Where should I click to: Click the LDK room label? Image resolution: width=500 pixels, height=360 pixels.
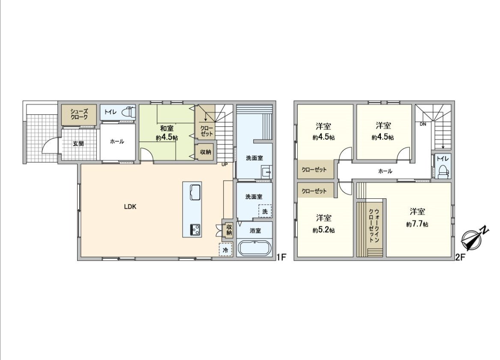(x=130, y=207)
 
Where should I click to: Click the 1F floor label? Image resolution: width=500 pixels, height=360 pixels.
(x=281, y=257)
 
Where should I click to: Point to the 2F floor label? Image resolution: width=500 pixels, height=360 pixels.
(x=460, y=257)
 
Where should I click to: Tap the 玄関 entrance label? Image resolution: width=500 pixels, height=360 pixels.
(x=78, y=144)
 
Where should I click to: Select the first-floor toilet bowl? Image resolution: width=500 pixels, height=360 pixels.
(x=127, y=112)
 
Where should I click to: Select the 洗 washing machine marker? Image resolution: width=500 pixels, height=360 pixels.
(x=265, y=211)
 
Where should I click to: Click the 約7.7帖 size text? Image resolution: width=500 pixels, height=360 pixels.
(x=417, y=224)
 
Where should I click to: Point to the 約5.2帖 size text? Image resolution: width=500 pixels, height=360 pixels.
(x=323, y=230)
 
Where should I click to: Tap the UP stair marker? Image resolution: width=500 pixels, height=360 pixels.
(x=225, y=164)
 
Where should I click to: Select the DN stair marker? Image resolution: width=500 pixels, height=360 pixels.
(x=423, y=124)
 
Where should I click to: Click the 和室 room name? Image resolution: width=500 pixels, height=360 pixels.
(x=167, y=129)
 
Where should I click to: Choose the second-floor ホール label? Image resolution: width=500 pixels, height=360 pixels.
(x=385, y=171)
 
